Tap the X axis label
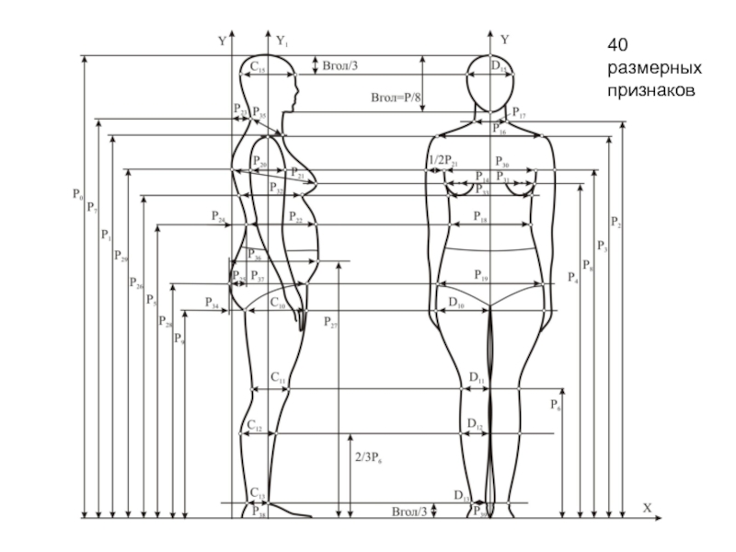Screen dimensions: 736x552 [647, 507]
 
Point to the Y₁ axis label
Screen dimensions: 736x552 [282, 40]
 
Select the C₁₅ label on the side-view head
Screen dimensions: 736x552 [258, 67]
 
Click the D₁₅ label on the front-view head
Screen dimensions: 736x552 [497, 67]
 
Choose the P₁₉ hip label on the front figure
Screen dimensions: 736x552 [481, 275]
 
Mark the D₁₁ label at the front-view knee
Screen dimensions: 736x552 [477, 378]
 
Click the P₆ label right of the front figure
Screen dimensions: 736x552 [557, 404]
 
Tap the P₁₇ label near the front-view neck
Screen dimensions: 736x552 [519, 114]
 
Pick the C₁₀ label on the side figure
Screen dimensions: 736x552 [277, 302]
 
